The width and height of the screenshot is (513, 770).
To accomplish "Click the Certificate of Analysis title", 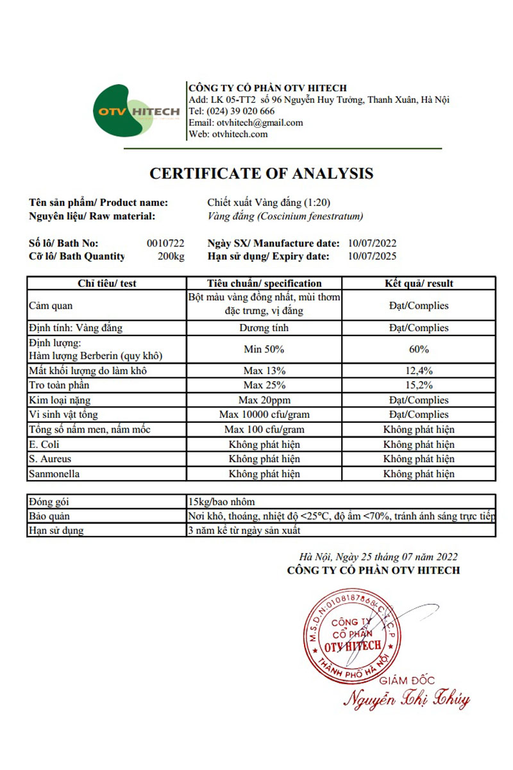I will point(261,173).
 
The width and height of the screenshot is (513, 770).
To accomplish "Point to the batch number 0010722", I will point(165,243).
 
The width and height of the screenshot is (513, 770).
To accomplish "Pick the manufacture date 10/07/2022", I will point(372,243).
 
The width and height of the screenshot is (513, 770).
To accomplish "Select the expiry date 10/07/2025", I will point(372,256).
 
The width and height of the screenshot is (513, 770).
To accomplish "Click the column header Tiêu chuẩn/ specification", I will point(264,283).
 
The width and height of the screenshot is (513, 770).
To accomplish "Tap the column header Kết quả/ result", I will point(419,283).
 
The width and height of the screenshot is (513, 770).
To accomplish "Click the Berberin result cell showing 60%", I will point(419,350).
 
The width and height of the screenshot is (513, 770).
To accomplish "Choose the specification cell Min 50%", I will point(264,350).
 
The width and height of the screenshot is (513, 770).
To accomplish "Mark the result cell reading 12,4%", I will point(419,371).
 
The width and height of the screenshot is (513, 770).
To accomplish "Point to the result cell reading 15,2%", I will point(419,386).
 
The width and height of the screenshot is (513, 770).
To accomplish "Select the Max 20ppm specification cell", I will point(264,400).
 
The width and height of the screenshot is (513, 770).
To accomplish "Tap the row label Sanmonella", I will point(53,474).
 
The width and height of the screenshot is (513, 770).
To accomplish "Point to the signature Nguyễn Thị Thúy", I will point(405,699).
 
